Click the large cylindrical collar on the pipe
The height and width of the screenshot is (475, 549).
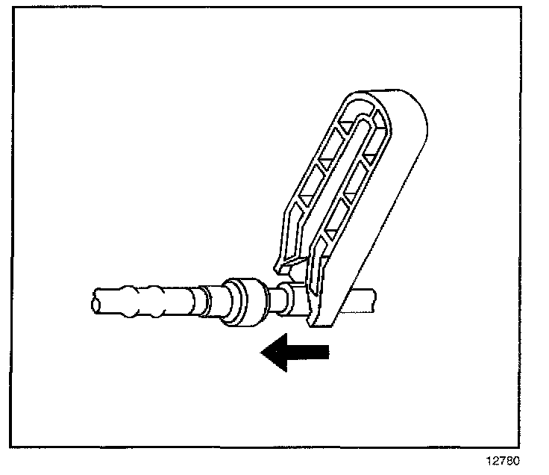pos(245,302)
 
